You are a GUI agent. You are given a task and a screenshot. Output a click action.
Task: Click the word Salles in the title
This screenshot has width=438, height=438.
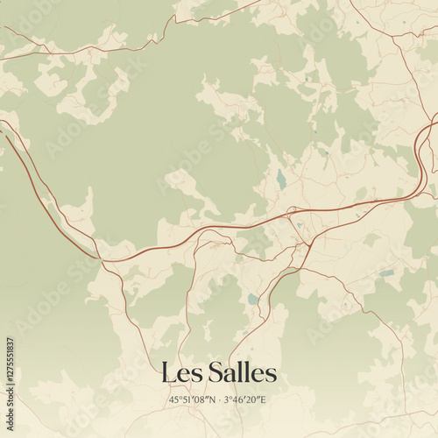click(x=242, y=373)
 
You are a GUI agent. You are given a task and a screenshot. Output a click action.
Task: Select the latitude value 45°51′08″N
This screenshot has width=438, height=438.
click(x=192, y=400)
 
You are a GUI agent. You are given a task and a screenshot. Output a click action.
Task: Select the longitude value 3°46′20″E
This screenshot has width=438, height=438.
click(x=246, y=400)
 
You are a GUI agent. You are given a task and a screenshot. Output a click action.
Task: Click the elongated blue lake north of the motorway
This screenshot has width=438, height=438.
click(x=280, y=180)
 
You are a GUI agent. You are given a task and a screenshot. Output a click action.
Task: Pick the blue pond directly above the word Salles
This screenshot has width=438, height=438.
click(x=253, y=299)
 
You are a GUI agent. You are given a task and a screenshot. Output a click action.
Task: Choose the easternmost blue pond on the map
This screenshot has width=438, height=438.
click(x=386, y=272)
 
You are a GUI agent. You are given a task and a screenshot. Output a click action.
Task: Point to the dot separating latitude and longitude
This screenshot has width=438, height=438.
click(x=219, y=400)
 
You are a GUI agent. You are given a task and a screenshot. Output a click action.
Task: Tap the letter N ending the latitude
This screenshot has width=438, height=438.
click(x=212, y=400)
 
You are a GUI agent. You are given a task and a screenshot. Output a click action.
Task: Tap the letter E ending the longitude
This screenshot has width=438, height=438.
click(x=266, y=400)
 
